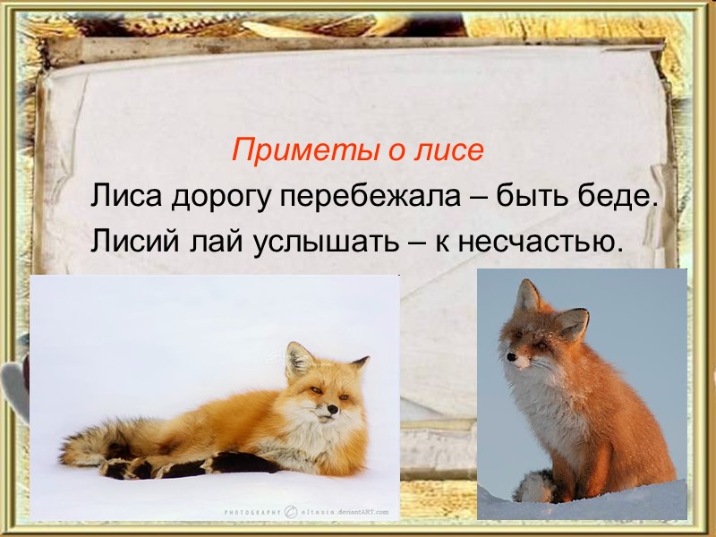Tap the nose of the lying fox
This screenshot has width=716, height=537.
pyautogui.click(x=332, y=410)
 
